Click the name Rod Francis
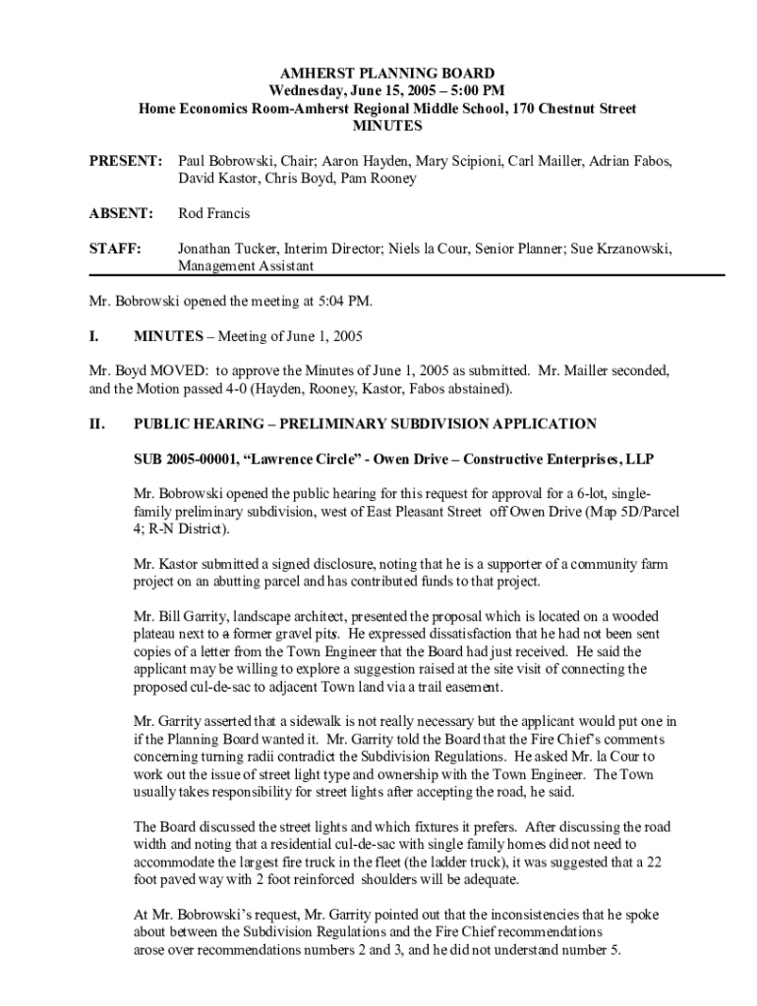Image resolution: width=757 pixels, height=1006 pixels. point(213,213)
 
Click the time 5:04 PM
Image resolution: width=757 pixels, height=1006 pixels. point(344,301)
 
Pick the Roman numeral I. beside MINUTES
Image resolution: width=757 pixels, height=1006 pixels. point(93,336)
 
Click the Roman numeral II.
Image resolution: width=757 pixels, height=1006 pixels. point(96,424)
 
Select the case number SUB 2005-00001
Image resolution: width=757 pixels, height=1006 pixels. point(188,460)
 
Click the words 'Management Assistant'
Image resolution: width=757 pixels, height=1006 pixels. point(246,266)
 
